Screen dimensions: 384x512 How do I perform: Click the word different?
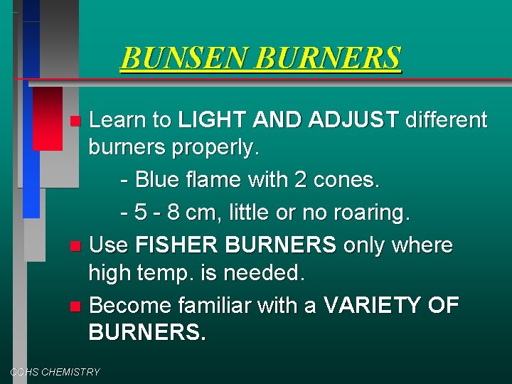pos(446,120)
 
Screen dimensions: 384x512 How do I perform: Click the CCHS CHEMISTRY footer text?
pos(55,372)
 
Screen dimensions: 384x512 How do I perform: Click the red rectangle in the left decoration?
pos(47,117)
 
